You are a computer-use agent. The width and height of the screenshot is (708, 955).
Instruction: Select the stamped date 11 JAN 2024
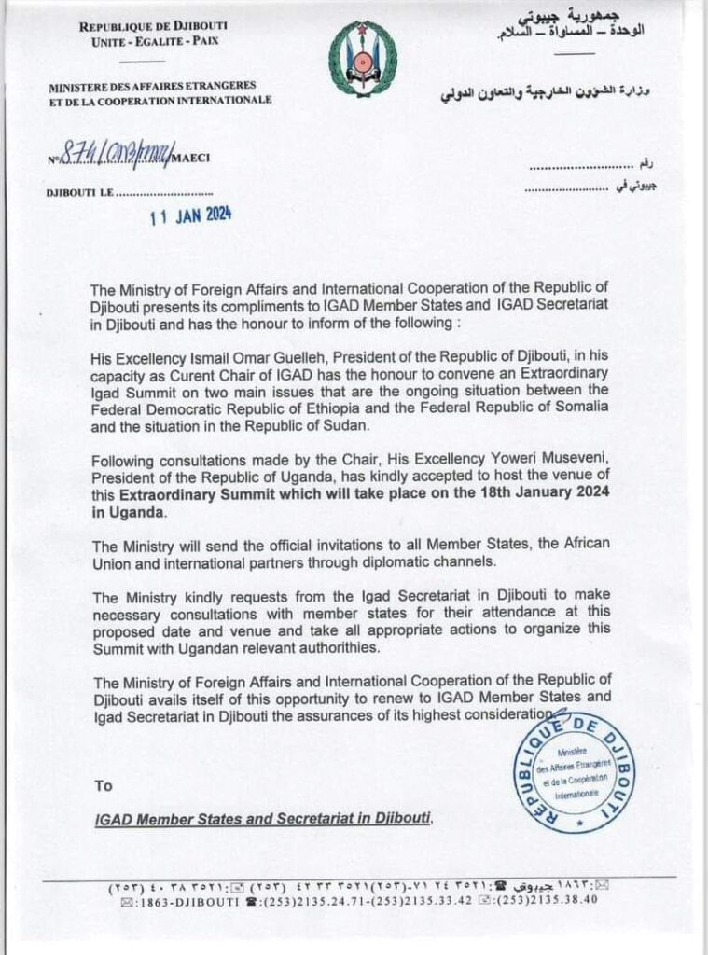(191, 215)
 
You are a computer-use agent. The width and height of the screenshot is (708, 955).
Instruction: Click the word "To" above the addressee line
(103, 785)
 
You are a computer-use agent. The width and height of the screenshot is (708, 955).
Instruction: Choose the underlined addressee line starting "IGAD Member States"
(264, 819)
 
